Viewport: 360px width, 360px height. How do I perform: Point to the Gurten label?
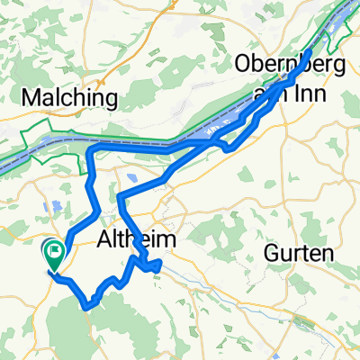(298, 255)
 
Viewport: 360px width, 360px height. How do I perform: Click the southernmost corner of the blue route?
(86, 307)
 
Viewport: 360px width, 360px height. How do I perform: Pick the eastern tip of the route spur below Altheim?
(160, 264)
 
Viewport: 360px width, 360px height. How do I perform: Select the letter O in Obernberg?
(242, 64)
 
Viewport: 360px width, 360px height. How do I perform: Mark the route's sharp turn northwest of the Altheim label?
(121, 193)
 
